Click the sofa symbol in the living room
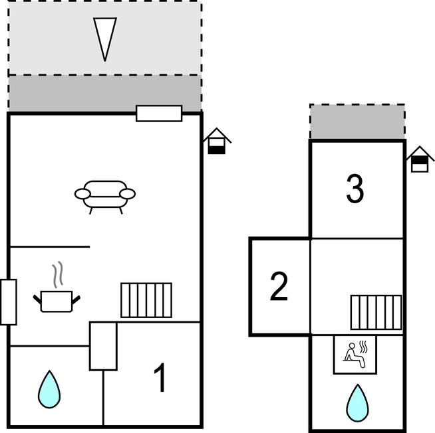104,196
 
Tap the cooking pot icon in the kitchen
57,300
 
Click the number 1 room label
160,379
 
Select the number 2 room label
279,287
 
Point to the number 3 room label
355,189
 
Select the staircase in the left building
146,300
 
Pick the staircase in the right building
376,312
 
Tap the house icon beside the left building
217,141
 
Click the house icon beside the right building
420,160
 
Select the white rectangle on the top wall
159,114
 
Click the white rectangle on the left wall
9,302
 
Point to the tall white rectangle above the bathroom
103,346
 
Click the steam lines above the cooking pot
59,273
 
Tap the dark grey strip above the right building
357,122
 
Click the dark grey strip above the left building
104,94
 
